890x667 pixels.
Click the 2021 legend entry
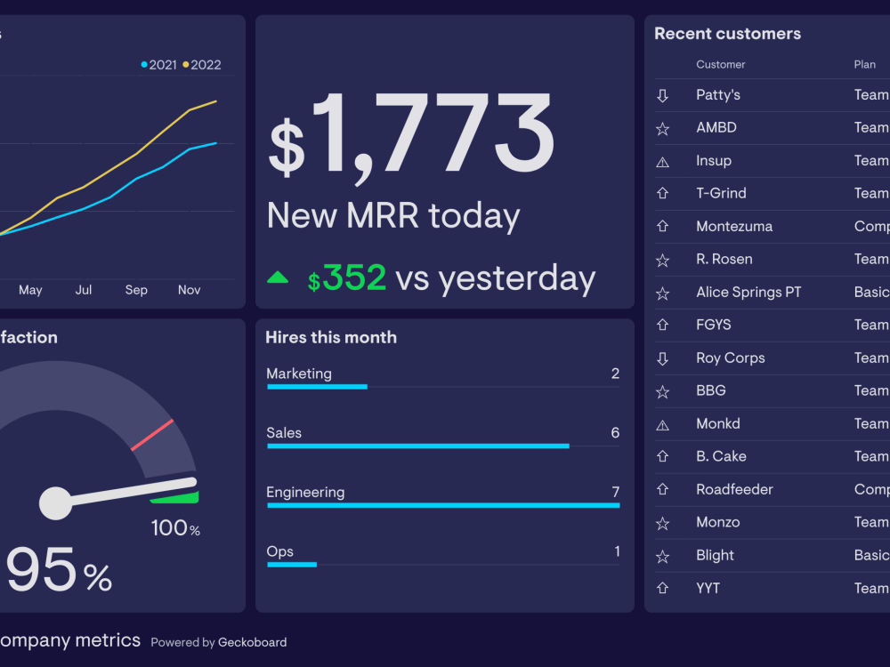pyautogui.click(x=159, y=65)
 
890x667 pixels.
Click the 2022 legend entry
pyautogui.click(x=202, y=65)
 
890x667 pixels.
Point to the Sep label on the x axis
pyautogui.click(x=136, y=290)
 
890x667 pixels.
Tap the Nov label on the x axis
pyautogui.click(x=189, y=290)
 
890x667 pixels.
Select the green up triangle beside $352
pyautogui.click(x=278, y=277)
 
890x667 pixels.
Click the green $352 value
pyautogui.click(x=347, y=278)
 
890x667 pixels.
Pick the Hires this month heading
pyautogui.click(x=331, y=337)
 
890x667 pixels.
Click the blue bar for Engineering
pyautogui.click(x=443, y=505)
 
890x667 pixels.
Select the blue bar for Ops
pyautogui.click(x=292, y=565)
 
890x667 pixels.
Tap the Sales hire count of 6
pyautogui.click(x=615, y=433)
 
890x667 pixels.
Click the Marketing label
pyautogui.click(x=299, y=374)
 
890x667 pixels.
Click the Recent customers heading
pyautogui.click(x=727, y=34)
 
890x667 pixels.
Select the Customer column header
pyautogui.click(x=721, y=65)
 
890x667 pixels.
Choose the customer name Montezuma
pyautogui.click(x=734, y=227)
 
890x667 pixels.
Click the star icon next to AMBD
pyautogui.click(x=662, y=129)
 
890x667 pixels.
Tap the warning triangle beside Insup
pyautogui.click(x=662, y=162)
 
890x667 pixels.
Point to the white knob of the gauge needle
pyautogui.click(x=56, y=502)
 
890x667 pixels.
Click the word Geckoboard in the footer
pyautogui.click(x=253, y=642)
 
